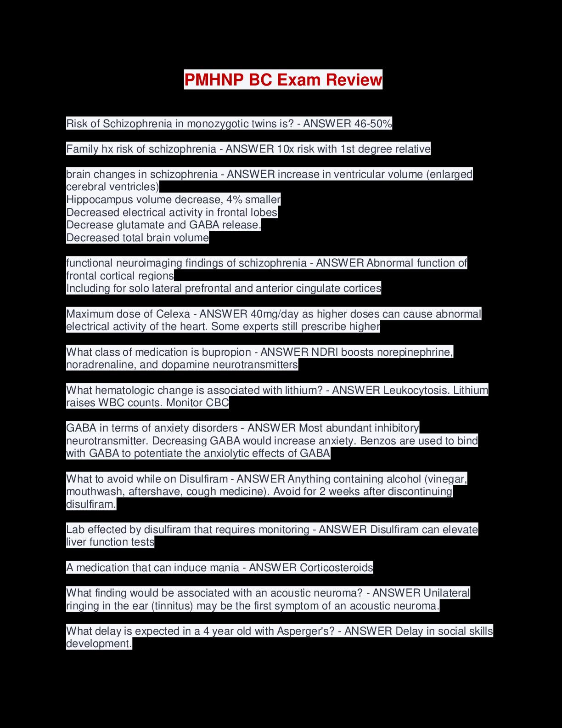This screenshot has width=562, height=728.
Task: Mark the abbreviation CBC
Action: click(218, 403)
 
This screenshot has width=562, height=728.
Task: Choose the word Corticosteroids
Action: click(336, 568)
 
